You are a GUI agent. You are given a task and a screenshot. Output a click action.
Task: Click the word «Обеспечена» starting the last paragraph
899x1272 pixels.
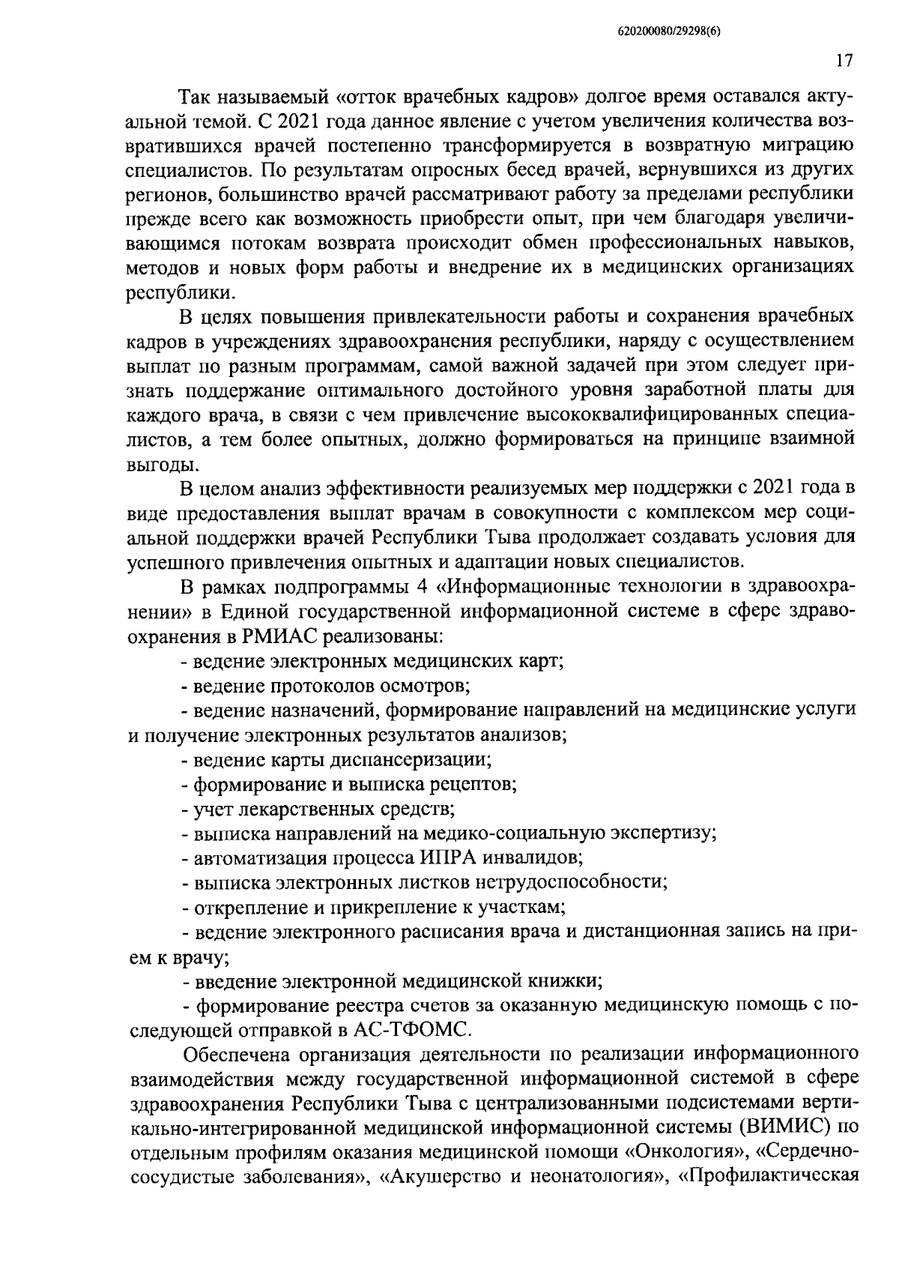tap(234, 1052)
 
